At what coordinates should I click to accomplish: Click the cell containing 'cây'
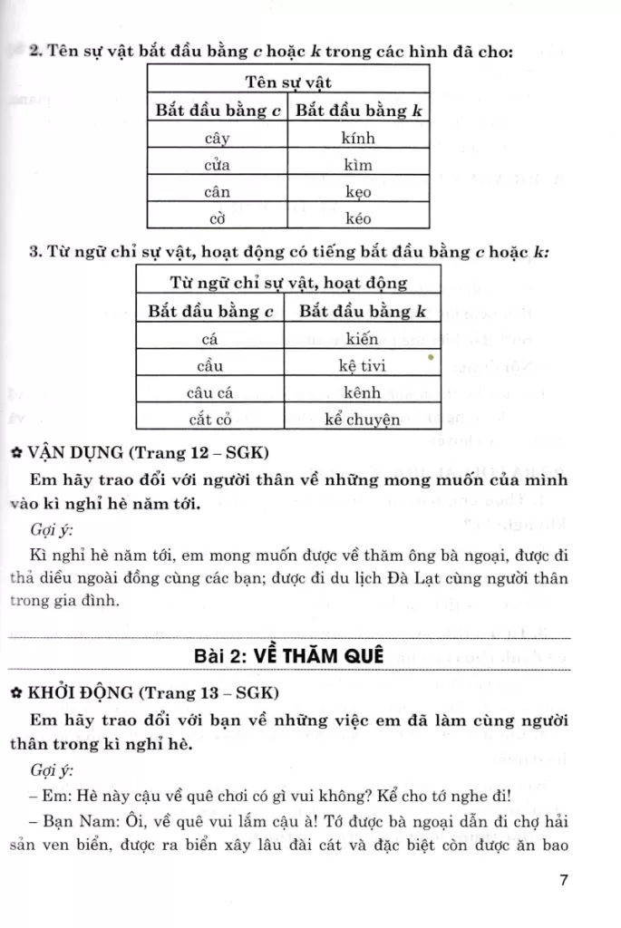[x=218, y=139]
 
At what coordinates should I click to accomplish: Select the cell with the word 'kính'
[x=358, y=139]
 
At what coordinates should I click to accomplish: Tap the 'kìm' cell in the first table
[x=358, y=165]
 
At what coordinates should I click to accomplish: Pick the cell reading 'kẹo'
[x=358, y=192]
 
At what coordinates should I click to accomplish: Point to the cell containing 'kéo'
[x=358, y=218]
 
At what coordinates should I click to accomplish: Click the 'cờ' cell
[x=218, y=218]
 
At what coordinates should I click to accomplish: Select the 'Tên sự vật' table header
[x=288, y=83]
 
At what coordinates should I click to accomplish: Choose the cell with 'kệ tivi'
[x=363, y=367]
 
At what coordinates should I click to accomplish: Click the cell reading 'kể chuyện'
[x=363, y=420]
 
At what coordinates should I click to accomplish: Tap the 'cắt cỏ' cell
[x=209, y=420]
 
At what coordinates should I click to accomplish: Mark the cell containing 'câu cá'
[x=209, y=393]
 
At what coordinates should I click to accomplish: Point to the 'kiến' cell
[x=363, y=340]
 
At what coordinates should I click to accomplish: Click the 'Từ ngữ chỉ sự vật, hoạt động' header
[x=288, y=284]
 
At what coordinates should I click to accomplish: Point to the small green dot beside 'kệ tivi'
[x=430, y=358]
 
